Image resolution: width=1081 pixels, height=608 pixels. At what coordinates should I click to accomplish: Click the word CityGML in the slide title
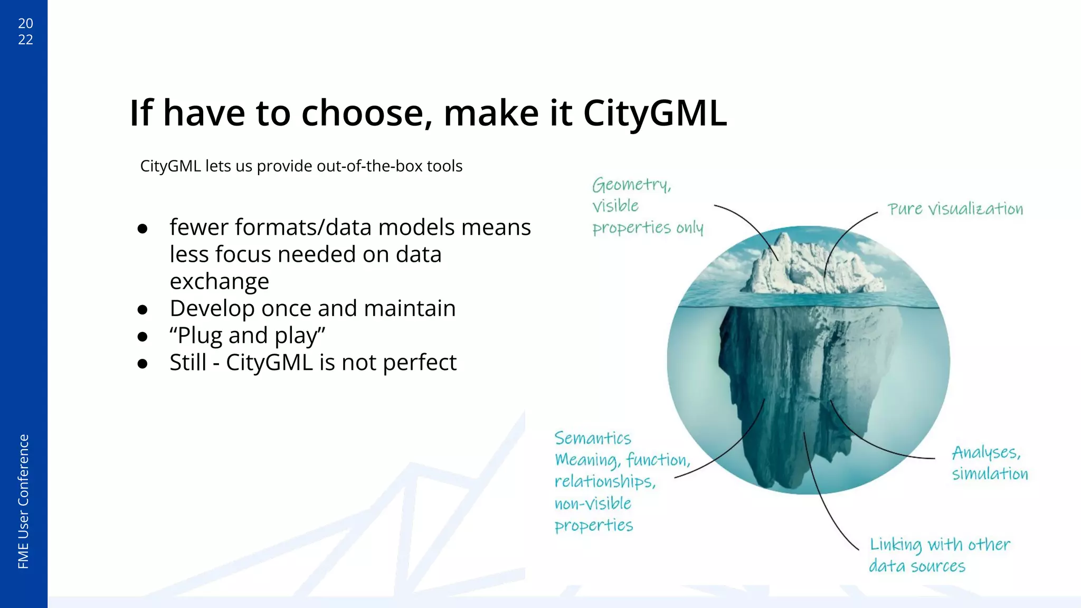pyautogui.click(x=655, y=113)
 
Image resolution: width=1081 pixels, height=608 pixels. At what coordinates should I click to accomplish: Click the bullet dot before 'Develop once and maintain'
pyautogui.click(x=142, y=309)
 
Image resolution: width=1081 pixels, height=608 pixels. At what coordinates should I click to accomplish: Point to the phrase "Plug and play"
pyautogui.click(x=247, y=336)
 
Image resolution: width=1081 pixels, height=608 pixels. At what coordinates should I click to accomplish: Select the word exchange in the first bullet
pyautogui.click(x=219, y=281)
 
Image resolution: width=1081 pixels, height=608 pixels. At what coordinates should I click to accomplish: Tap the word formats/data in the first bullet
pyautogui.click(x=272, y=227)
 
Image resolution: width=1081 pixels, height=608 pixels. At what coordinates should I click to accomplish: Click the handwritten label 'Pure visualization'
pyautogui.click(x=955, y=209)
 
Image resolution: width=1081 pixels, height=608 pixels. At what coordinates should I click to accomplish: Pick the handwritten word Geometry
pyautogui.click(x=631, y=185)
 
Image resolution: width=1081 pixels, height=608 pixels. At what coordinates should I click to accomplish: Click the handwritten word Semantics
pyautogui.click(x=592, y=438)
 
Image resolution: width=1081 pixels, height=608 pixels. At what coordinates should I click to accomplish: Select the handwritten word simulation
pyautogui.click(x=990, y=474)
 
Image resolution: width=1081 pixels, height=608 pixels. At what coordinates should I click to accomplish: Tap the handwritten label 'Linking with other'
pyautogui.click(x=940, y=545)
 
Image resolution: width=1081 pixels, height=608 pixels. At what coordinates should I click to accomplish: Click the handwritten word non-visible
pyautogui.click(x=592, y=503)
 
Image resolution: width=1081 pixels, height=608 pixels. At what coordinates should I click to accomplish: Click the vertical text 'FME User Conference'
pyautogui.click(x=23, y=501)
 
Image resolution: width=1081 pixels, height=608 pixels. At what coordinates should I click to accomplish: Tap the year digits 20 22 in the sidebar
pyautogui.click(x=25, y=32)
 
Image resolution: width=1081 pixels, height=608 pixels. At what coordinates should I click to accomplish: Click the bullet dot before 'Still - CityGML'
pyautogui.click(x=142, y=364)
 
